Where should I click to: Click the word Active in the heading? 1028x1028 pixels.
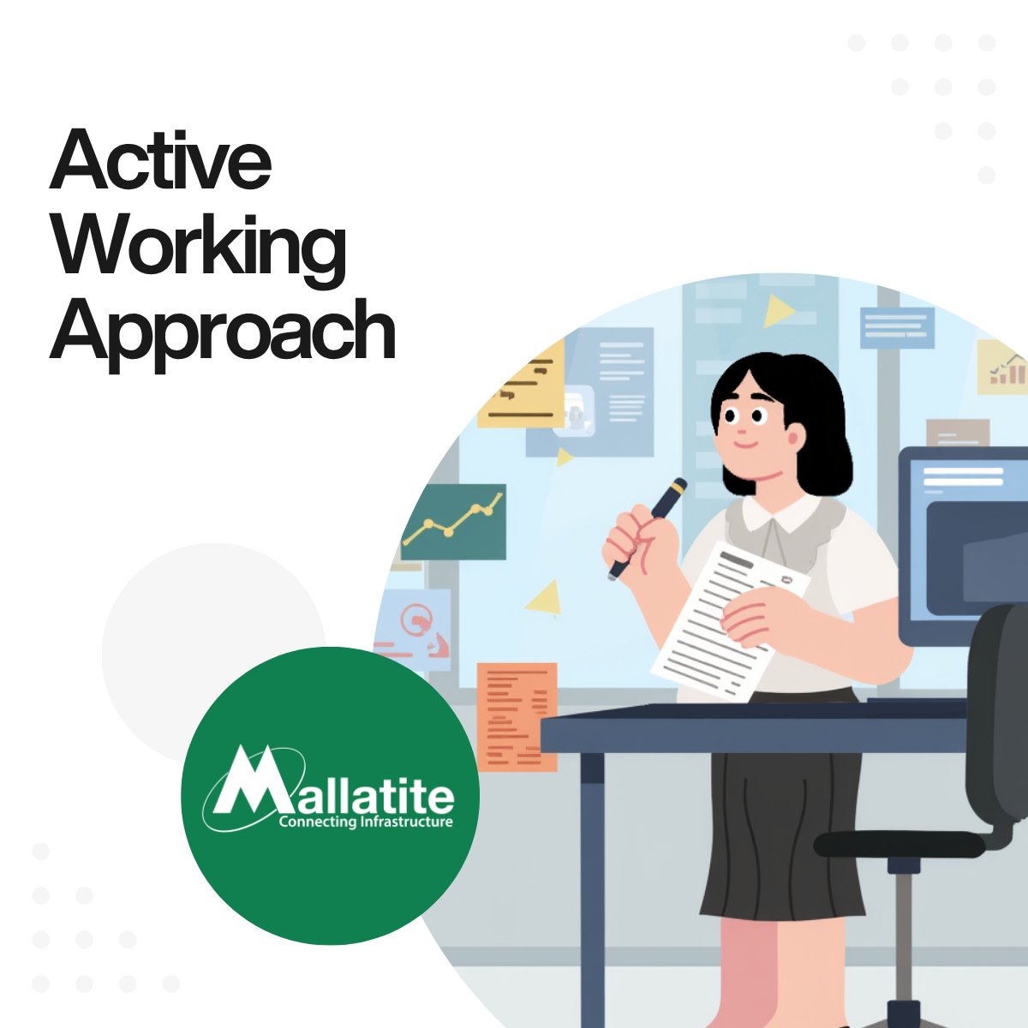tap(161, 161)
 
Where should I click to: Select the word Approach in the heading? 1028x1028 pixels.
tap(223, 332)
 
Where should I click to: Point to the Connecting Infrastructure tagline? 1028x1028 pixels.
tap(366, 822)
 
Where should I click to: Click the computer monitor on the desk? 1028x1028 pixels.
tap(964, 540)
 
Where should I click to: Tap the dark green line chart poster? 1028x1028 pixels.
tap(453, 523)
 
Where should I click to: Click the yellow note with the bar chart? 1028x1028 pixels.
tap(1002, 368)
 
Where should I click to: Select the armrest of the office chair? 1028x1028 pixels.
tap(899, 844)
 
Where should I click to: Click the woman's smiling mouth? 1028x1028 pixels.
tap(744, 446)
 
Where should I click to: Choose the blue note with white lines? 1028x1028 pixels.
tap(896, 327)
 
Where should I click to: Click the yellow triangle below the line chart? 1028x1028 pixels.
tap(545, 598)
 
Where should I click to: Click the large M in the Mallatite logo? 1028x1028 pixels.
tap(248, 784)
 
